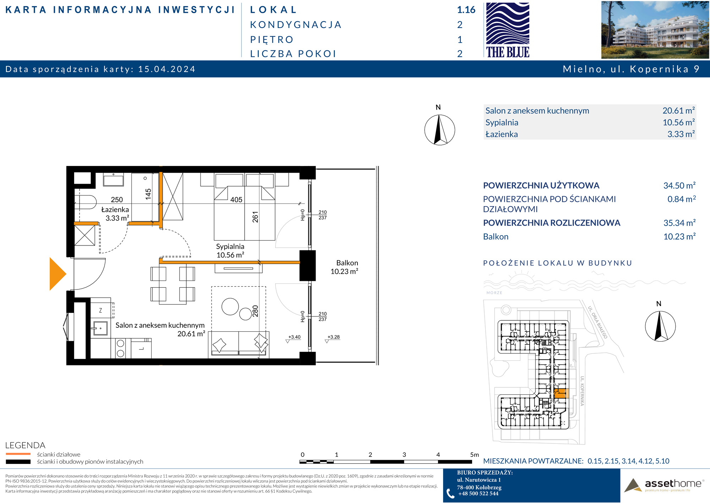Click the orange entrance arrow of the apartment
pos(57,274)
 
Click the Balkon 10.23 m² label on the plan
pos(344,267)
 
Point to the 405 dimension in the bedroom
pos(236,200)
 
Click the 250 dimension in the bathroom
pos(117,200)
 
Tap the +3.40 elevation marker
pos(294,337)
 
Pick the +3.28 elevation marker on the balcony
pos(333,337)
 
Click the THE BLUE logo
pos(508,30)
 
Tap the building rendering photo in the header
pos(655,30)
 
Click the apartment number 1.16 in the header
pos(466,10)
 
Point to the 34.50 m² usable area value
pos(679,186)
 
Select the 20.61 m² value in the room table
pos(679,111)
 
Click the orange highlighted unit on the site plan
pos(560,393)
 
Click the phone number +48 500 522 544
pos(478,493)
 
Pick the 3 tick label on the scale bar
pos(404,455)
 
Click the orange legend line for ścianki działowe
pos(18,454)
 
